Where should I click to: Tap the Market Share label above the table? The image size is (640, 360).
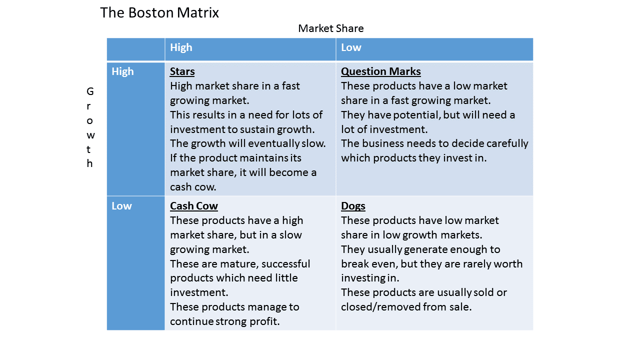(x=330, y=28)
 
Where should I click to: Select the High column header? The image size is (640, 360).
(x=181, y=47)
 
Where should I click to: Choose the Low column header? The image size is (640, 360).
(x=351, y=47)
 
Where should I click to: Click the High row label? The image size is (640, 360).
(x=122, y=71)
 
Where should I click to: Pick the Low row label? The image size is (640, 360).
(x=121, y=206)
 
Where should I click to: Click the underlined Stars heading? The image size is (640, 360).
(x=182, y=71)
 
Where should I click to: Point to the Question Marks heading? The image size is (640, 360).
(x=380, y=71)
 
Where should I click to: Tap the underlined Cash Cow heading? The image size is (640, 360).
(x=194, y=206)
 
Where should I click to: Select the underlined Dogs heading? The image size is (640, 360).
(x=353, y=206)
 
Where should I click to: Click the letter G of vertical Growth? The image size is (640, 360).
(x=90, y=91)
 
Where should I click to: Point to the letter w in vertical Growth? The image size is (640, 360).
(x=90, y=135)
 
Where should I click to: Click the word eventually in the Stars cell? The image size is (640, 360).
(x=271, y=143)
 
